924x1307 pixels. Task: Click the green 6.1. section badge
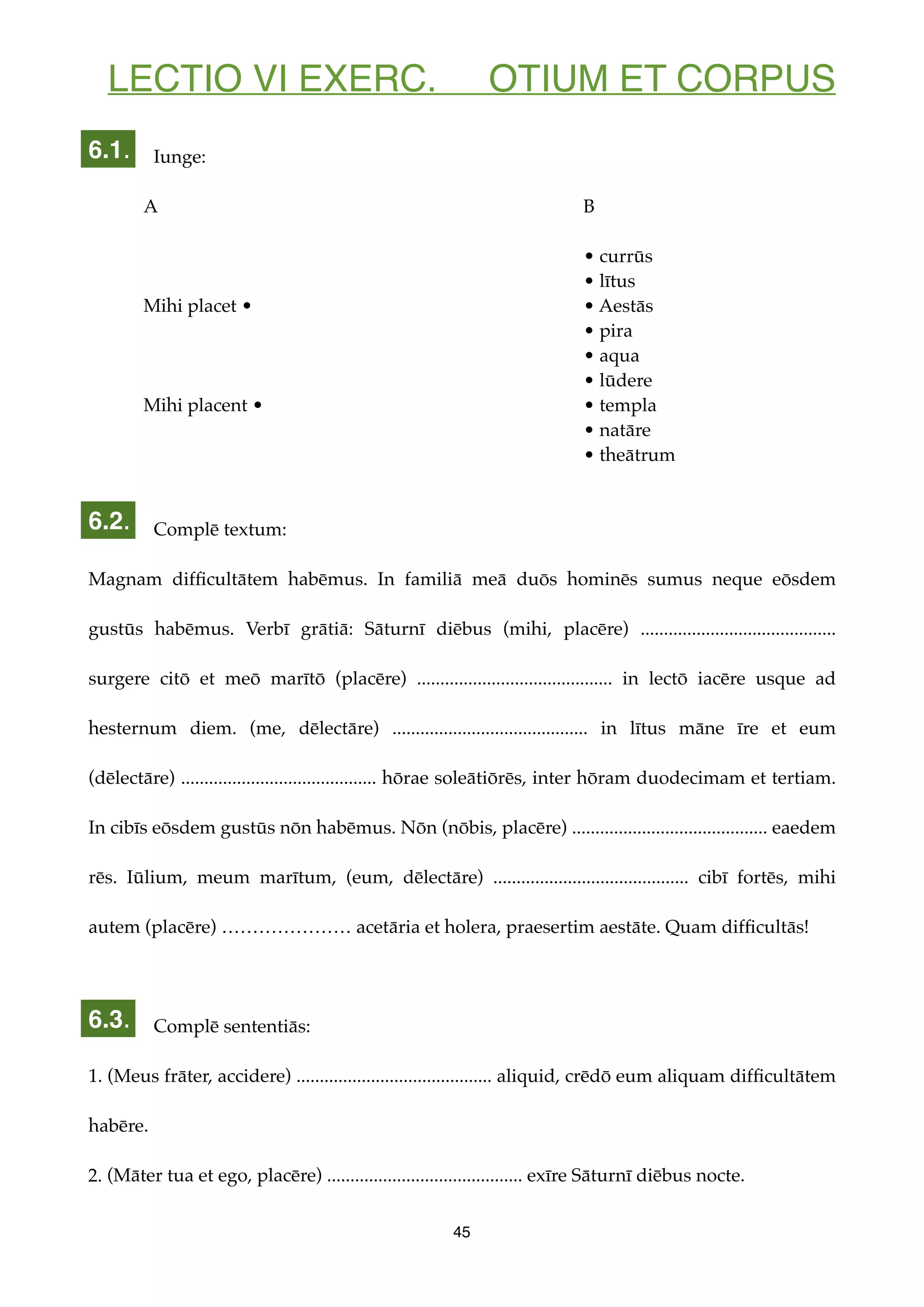(108, 149)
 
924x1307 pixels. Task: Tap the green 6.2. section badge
(108, 520)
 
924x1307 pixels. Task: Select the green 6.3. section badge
(108, 1019)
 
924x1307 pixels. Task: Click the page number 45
(462, 1232)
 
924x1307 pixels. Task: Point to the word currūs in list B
(625, 257)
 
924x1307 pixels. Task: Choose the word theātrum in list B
(637, 455)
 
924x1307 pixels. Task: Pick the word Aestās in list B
(626, 306)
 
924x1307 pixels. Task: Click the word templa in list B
(628, 405)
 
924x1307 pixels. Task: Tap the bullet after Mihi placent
(258, 405)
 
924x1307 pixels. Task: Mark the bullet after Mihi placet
(246, 306)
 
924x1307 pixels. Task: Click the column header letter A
(150, 207)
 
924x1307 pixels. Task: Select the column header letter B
(589, 207)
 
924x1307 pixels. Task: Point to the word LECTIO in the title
(175, 78)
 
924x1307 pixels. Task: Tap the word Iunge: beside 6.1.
(179, 157)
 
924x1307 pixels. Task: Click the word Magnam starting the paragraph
(125, 579)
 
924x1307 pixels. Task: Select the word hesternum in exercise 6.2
(133, 728)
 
